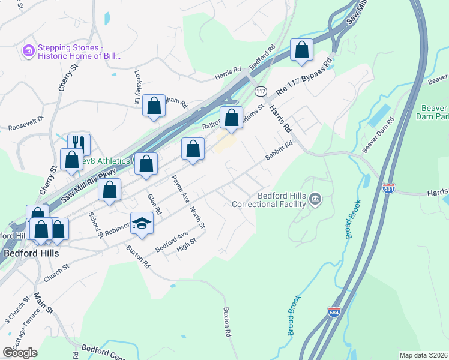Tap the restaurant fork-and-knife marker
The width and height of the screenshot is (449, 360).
coord(79,143)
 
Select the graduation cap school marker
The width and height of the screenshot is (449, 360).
coord(142,223)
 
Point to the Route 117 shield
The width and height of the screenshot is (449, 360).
coord(260,91)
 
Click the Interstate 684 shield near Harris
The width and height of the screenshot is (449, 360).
coord(388,188)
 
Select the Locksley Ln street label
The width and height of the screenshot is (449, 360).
coord(137,88)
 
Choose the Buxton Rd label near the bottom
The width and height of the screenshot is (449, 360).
coord(227,322)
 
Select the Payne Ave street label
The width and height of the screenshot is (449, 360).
coord(176,187)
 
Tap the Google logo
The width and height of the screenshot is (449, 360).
coord(20,352)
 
